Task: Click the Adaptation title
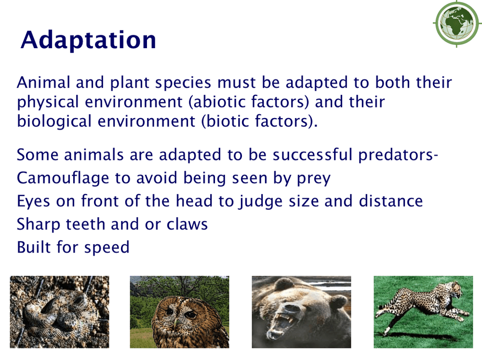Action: point(88,40)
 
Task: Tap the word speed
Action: point(107,248)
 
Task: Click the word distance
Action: point(391,201)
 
